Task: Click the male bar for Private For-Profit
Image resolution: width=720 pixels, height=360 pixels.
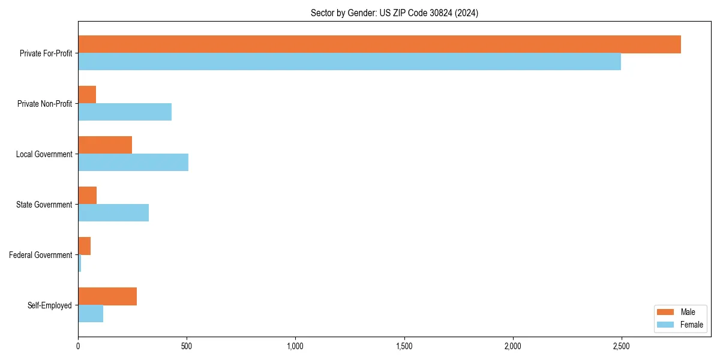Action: click(379, 44)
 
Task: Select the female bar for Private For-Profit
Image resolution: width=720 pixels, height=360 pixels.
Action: click(349, 62)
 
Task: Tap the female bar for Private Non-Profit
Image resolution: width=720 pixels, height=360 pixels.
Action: click(125, 112)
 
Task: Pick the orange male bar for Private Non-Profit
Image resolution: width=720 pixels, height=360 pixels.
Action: click(87, 95)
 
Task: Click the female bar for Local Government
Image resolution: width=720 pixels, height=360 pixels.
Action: click(133, 163)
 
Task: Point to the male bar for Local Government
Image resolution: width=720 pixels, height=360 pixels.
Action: click(105, 145)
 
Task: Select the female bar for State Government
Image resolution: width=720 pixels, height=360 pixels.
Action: click(113, 213)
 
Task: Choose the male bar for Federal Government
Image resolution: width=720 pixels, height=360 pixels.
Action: click(85, 246)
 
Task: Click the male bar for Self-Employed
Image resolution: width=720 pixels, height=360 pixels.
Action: click(107, 296)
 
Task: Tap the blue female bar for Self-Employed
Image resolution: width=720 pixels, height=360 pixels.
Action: click(91, 314)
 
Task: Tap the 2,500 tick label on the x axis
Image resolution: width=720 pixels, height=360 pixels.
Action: click(621, 346)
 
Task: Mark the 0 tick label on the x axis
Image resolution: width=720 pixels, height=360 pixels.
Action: click(78, 346)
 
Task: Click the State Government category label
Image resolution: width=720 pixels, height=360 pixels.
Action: click(44, 205)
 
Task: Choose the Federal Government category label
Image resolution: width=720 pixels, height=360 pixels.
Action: click(41, 255)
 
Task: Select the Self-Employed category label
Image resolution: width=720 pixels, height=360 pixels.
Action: click(50, 305)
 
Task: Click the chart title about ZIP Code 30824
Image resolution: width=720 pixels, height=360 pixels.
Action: click(394, 13)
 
